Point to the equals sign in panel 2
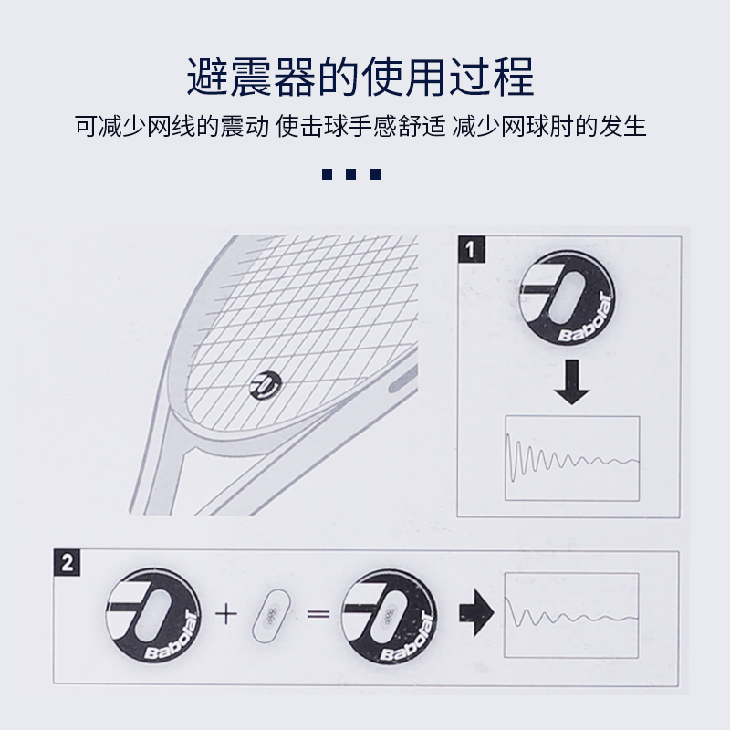click(x=317, y=612)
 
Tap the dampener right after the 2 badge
click(x=151, y=612)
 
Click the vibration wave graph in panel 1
click(x=572, y=457)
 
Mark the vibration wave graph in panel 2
click(x=569, y=610)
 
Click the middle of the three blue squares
click(x=350, y=174)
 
